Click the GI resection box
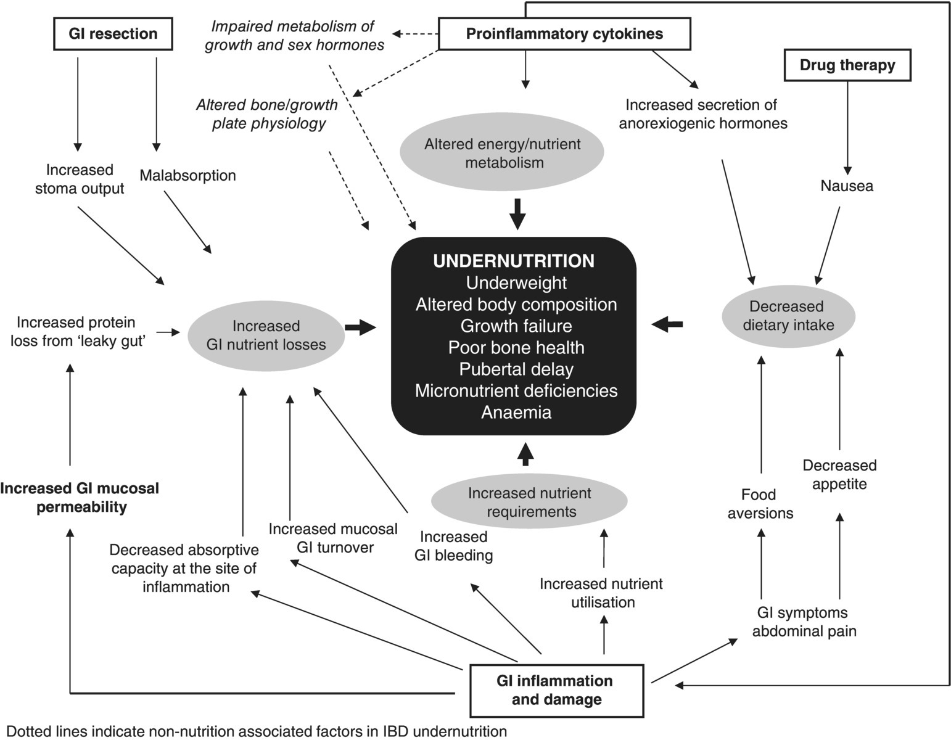[x=112, y=33]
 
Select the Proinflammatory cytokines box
[x=564, y=33]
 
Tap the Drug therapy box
[x=847, y=65]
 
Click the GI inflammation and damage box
[x=555, y=690]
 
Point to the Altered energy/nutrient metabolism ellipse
[x=502, y=153]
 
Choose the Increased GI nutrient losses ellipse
[x=266, y=335]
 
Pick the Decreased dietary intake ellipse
[x=788, y=316]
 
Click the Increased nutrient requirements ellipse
[x=529, y=502]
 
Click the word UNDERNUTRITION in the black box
[x=514, y=261]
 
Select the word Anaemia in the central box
[x=516, y=412]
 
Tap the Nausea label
[x=846, y=186]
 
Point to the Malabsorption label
[x=187, y=175]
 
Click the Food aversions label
[x=760, y=504]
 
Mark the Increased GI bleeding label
[x=453, y=546]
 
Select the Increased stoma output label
[x=80, y=179]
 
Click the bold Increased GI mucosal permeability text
[x=80, y=498]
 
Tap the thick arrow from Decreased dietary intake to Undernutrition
[x=667, y=324]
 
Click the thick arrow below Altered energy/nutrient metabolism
[x=518, y=214]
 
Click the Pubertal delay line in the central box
[x=516, y=369]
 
